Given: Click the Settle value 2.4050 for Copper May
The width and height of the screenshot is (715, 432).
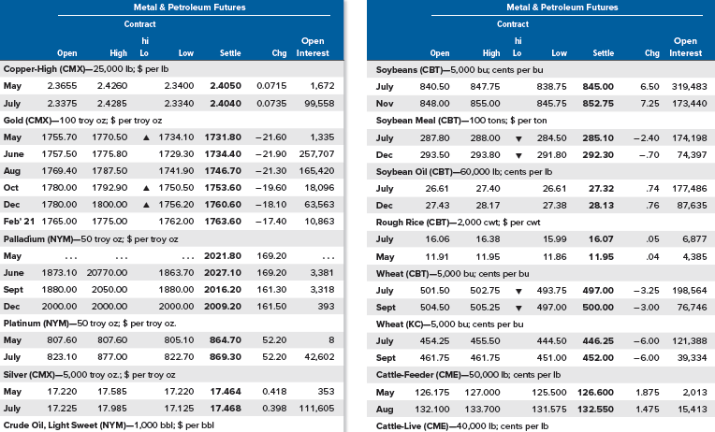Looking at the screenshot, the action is tap(226, 86).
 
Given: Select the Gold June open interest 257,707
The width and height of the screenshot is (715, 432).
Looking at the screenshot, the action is tap(316, 154).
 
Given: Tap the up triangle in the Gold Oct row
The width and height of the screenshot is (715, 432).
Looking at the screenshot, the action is tap(146, 188).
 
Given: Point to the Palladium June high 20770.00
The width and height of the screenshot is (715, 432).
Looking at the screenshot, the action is tap(108, 272).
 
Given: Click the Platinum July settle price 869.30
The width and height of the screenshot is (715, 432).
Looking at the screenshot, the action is tap(226, 357).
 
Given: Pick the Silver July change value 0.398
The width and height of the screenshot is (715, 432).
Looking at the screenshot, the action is tap(271, 409).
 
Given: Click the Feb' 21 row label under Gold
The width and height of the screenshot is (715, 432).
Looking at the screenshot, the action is tap(19, 222).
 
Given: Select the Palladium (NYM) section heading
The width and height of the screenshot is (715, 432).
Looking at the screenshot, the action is tap(91, 239).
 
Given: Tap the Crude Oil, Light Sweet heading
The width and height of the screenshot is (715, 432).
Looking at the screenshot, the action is tap(109, 425).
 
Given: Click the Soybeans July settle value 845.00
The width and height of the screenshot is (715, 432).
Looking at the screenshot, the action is tap(598, 87).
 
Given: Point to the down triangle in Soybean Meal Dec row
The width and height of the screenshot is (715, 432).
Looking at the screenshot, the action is tap(518, 155).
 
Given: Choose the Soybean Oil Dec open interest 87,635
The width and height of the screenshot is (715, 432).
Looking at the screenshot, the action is tap(692, 206).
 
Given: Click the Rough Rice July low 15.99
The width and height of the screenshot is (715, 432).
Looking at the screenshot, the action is tap(554, 239).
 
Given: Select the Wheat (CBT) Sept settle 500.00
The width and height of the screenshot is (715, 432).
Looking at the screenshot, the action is tap(598, 308).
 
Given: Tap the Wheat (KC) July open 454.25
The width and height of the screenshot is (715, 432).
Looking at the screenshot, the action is tap(434, 341).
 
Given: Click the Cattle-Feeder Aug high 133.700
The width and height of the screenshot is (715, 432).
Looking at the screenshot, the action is tap(483, 410).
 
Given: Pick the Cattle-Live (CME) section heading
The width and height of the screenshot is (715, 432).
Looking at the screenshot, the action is tap(462, 426).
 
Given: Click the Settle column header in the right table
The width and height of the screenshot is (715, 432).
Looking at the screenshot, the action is tap(603, 53).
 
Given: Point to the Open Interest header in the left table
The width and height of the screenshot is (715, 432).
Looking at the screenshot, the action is tap(313, 47).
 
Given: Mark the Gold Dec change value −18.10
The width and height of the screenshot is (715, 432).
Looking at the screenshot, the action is tap(270, 205).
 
